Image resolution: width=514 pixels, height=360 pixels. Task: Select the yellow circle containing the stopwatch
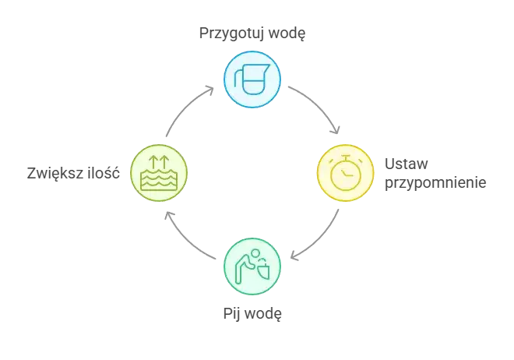pos(344,172)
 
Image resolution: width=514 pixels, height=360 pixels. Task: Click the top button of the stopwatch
pos(343,157)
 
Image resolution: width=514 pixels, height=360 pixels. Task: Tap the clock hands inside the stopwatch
pos(346,173)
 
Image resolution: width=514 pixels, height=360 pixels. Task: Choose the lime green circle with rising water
pos(158,171)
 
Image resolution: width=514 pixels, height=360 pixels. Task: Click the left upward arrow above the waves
pos(153,162)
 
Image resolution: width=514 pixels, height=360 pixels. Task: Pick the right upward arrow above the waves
pos(164,162)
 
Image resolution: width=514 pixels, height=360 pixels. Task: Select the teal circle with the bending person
pos(252,265)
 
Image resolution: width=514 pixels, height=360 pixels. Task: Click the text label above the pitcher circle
pos(252,35)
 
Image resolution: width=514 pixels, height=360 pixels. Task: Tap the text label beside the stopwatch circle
pos(433,175)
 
